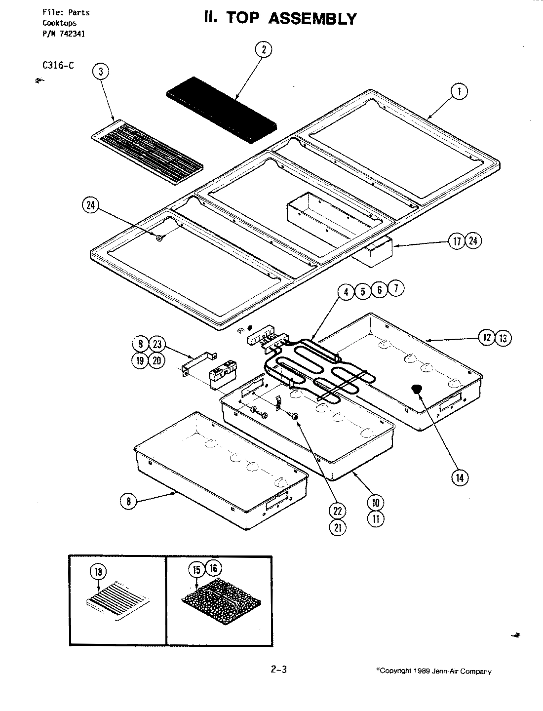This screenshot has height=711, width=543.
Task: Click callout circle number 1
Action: pos(459,92)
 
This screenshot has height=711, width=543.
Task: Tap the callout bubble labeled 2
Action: pos(264,49)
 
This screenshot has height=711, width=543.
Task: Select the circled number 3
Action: pos(101,72)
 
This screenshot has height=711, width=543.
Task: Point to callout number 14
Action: pos(460,477)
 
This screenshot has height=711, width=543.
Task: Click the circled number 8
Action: pos(129,502)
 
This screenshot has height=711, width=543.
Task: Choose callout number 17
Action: pos(457,241)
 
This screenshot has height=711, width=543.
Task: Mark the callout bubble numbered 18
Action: pos(98,572)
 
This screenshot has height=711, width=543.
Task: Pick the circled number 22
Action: pos(339,511)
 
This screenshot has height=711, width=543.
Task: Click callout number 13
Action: pos(504,338)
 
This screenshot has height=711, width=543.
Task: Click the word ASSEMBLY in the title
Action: pos(312,19)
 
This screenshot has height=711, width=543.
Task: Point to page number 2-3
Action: pos(279,670)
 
